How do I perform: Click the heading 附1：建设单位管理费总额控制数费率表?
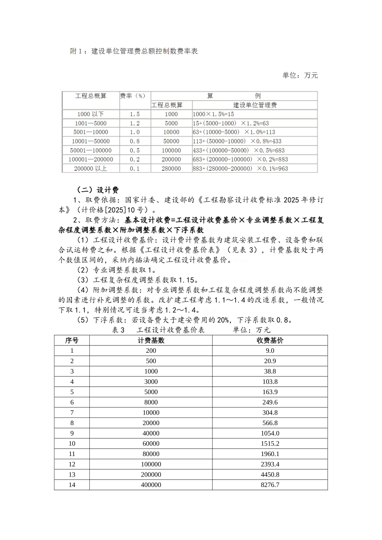[x=134, y=51]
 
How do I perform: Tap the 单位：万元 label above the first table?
[x=300, y=75]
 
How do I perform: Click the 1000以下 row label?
[x=90, y=114]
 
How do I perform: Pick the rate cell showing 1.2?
[x=135, y=123]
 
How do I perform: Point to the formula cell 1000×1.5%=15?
[x=214, y=114]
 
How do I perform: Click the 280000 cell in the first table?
[x=171, y=169]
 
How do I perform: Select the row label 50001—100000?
[x=90, y=150]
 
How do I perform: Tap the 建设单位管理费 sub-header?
[x=255, y=105]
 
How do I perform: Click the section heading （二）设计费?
[x=98, y=190]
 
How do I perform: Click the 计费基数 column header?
[x=151, y=340]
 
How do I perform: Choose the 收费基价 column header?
[x=270, y=340]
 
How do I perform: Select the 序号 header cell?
[x=72, y=340]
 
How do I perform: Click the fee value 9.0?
[x=270, y=351]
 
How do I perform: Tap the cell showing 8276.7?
[x=270, y=485]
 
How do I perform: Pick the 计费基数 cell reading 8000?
[x=151, y=402]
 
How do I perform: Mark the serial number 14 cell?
[x=72, y=485]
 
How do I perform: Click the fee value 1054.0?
[x=270, y=434]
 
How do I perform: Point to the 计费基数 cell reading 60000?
[x=151, y=444]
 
